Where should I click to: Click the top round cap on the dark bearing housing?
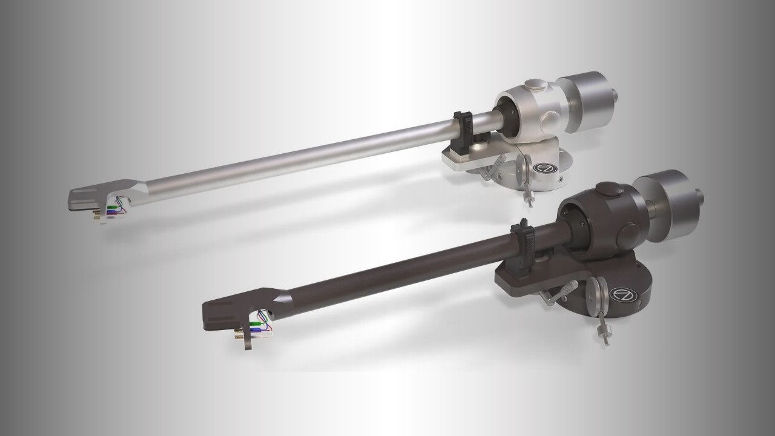coord(610,190)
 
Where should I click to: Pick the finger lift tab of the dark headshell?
coord(248,340)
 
